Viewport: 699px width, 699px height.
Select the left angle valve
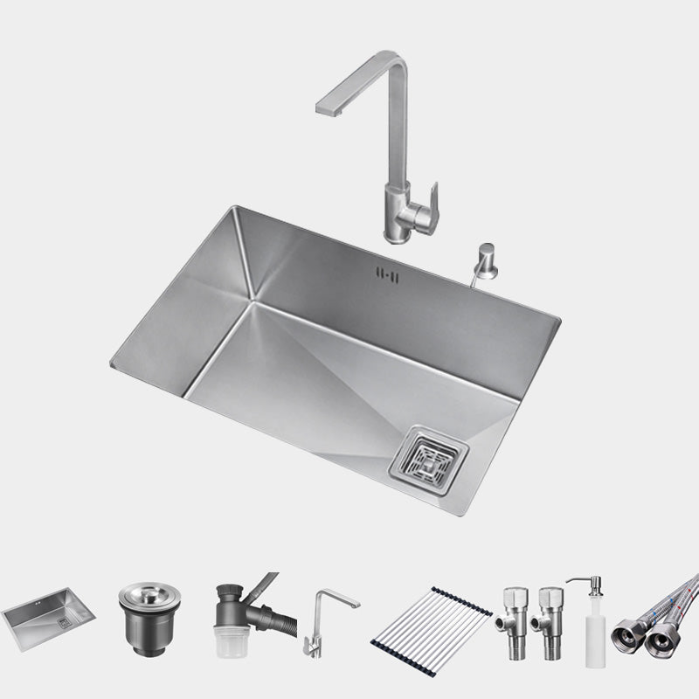[x=510, y=619]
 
